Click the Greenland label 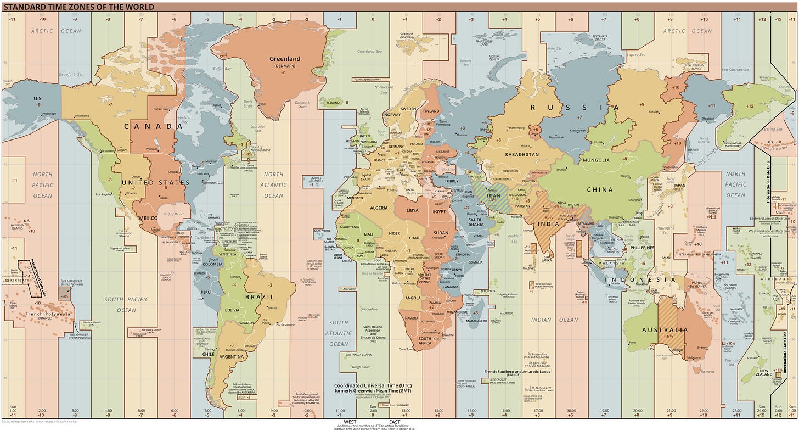pos(284,59)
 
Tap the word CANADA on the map pos(153,126)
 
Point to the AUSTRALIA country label pos(665,330)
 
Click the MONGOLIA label pos(596,160)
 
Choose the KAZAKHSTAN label pos(522,155)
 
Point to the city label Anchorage pos(45,114)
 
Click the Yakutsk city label pos(654,111)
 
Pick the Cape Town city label pos(406,349)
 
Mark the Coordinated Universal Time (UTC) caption pos(373,385)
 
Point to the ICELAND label pos(333,103)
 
